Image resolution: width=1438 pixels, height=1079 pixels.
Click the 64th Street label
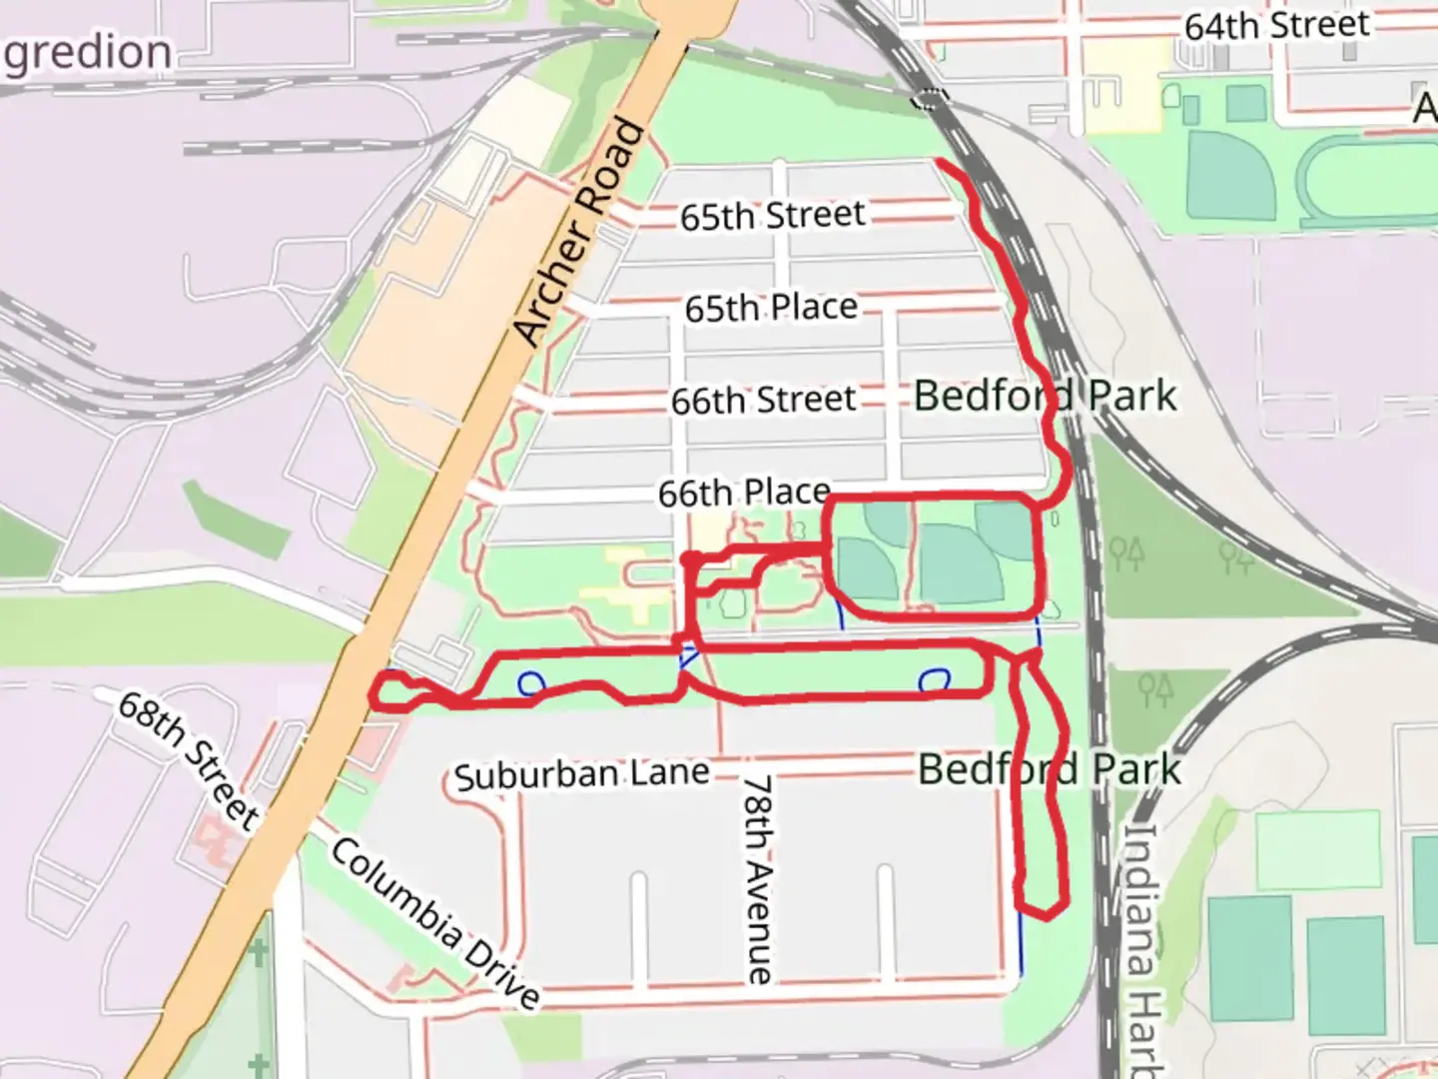click(x=1276, y=25)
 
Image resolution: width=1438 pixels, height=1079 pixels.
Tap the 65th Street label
click(x=772, y=215)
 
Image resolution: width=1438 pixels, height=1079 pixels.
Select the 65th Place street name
click(x=771, y=308)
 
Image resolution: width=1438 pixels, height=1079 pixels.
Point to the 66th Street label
click(x=763, y=401)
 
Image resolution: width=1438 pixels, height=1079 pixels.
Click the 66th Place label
click(x=743, y=493)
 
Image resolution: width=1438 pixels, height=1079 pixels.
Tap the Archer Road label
click(x=580, y=233)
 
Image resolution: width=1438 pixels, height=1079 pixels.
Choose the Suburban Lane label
click(x=581, y=774)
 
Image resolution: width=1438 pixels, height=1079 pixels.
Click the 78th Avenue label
click(x=759, y=879)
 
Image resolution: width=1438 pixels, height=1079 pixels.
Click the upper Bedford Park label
click(x=1045, y=396)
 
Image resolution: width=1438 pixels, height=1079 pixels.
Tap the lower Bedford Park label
click(x=1049, y=769)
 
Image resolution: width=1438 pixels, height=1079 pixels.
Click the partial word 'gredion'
click(x=88, y=52)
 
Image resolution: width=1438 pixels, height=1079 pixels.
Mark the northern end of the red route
click(x=939, y=161)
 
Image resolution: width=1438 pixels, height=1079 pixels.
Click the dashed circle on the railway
click(x=929, y=98)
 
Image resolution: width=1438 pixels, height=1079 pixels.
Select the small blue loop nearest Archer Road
click(x=531, y=682)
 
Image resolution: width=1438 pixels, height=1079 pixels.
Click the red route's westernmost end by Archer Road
click(x=377, y=691)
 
